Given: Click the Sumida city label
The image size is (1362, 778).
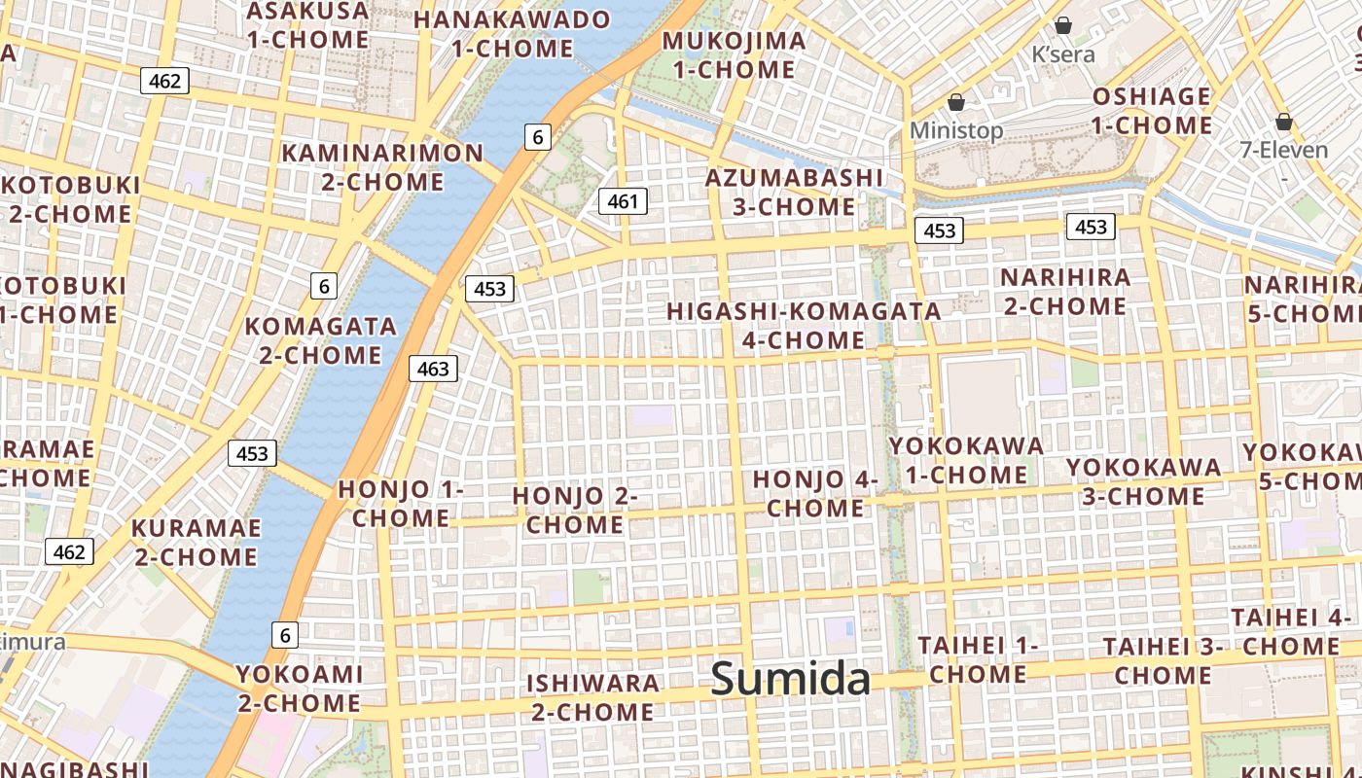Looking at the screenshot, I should point(790,679).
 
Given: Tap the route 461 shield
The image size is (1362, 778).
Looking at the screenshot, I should point(623,201).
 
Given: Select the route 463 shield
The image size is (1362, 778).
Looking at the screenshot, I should point(433,369).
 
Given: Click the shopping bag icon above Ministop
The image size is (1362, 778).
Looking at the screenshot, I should point(956,102).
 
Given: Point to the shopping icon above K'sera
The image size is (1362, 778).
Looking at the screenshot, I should point(1063,25).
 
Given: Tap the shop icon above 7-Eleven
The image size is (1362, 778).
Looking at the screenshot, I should point(1284,122).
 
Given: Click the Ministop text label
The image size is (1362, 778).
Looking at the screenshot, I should point(956,130).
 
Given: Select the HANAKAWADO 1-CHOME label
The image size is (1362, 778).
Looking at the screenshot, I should point(513,34).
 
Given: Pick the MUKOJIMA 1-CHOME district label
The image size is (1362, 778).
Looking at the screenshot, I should point(734,55).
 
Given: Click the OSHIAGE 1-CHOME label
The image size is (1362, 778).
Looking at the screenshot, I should point(1152,111).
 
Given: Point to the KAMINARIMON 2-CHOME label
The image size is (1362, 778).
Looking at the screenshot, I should point(382,167).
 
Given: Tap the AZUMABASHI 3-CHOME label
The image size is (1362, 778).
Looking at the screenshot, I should point(794,193).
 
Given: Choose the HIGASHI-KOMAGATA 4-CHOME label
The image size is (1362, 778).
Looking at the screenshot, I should point(804,325).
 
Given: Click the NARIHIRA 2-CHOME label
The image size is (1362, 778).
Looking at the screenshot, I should point(1064,292).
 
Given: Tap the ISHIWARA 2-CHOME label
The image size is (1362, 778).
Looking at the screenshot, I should point(592,697).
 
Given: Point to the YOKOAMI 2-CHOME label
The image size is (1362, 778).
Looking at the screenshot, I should point(299,689).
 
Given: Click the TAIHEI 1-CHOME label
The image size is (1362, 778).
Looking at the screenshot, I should point(978,659).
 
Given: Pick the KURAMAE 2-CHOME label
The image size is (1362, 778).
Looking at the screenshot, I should point(197,543).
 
